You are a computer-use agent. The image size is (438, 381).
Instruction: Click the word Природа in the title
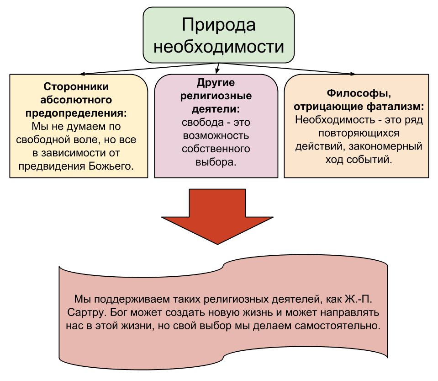tap(218, 25)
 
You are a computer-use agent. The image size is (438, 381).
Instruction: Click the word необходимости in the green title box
tap(218, 47)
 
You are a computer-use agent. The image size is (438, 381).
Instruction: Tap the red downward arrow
tap(217, 215)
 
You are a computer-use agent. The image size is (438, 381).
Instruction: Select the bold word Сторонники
tap(76, 86)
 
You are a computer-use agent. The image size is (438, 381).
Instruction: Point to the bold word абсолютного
tap(76, 99)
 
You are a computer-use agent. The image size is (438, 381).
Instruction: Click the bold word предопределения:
tap(76, 113)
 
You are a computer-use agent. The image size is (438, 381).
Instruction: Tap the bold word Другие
tap(216, 83)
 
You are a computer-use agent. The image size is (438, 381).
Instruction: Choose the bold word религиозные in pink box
tap(216, 96)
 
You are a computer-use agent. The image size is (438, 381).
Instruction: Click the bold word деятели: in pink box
tap(216, 109)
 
